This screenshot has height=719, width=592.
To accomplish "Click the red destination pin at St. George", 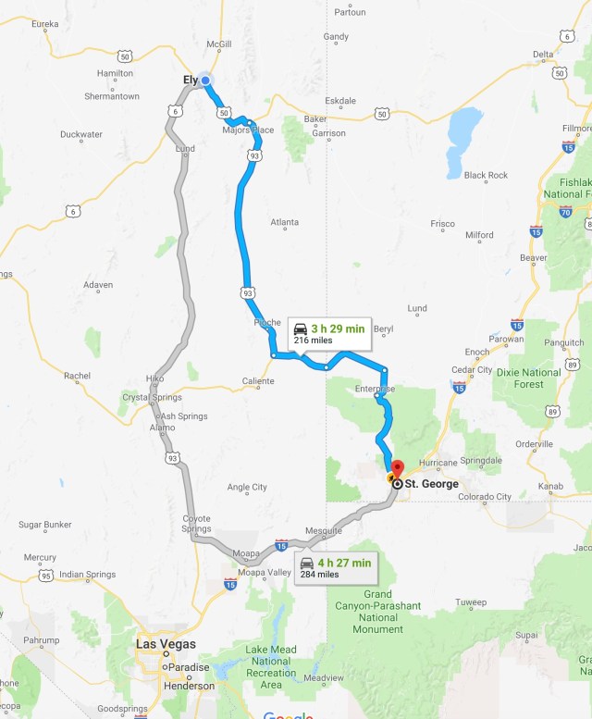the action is pos(397,467).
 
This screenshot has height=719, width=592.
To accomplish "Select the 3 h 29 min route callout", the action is pos(329,333).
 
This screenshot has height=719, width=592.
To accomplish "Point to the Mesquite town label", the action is pos(323,530).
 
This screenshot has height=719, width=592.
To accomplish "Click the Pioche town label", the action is pos(266,323).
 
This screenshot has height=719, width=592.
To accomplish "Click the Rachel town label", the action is pos(78,376).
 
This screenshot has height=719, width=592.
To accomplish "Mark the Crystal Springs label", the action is pos(152,397).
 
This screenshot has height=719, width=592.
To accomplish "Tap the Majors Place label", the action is pos(248,130).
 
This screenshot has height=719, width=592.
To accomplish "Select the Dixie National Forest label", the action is pos(527,378).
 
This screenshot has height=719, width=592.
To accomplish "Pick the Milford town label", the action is pos(479,235).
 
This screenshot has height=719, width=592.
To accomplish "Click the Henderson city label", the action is pos(189,686).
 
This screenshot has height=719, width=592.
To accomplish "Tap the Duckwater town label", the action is pos(81,134).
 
